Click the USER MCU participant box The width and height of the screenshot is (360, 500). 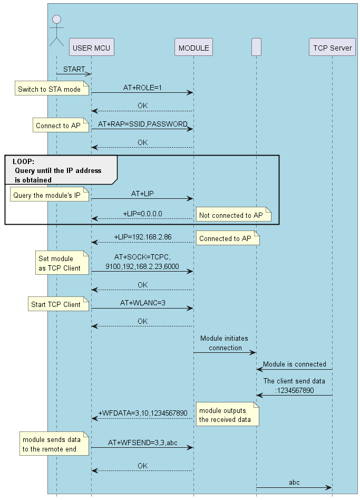click(91, 47)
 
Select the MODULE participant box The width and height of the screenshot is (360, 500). click(193, 47)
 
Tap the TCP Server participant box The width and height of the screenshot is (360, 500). click(332, 47)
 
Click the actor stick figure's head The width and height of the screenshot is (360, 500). click(56, 20)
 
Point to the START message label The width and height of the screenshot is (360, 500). click(74, 69)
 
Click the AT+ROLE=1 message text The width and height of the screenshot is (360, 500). click(142, 87)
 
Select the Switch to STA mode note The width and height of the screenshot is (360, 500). click(49, 89)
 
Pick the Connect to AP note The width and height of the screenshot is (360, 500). click(58, 126)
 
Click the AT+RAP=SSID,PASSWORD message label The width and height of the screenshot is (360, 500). click(142, 124)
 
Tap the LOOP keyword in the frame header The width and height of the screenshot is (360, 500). click(24, 162)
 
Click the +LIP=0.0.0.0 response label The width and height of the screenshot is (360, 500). click(142, 213)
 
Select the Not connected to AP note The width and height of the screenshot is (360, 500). click(232, 215)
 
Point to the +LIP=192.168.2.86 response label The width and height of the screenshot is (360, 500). click(142, 237)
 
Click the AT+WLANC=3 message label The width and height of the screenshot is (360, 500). click(142, 303)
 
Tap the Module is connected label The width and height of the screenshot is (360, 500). click(295, 364)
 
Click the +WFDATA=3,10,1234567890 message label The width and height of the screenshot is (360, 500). click(142, 413)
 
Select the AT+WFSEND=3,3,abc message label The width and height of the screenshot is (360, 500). click(142, 442)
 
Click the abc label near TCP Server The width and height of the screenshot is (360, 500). click(294, 482)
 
